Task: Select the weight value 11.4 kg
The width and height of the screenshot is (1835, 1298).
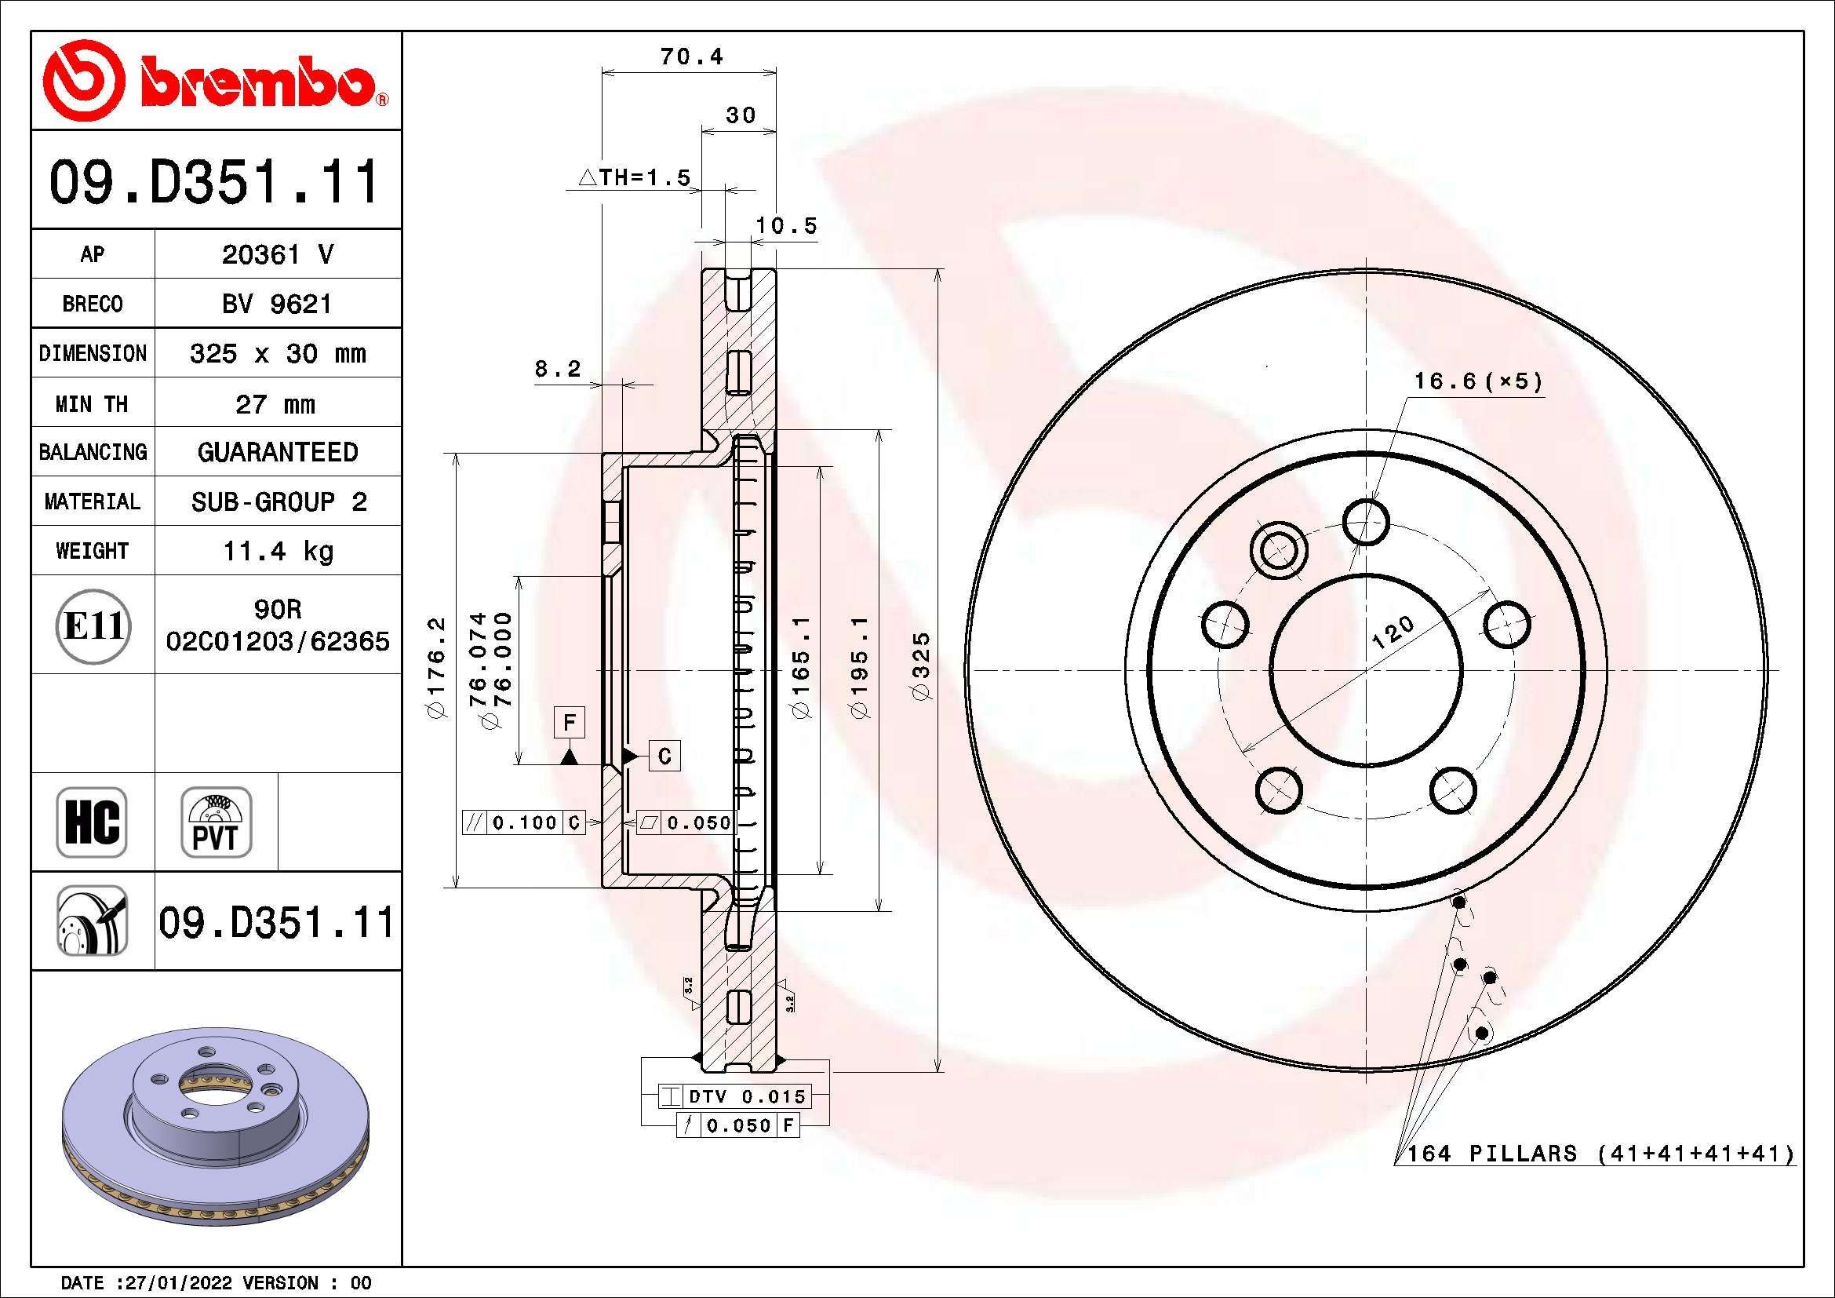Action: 277,552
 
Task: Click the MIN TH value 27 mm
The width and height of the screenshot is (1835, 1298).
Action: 275,404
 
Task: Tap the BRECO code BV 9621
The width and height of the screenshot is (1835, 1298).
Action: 276,304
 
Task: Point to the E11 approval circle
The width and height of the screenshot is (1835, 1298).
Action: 93,625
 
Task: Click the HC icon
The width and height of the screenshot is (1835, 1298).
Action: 92,822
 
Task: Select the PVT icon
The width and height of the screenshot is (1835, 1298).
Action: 216,822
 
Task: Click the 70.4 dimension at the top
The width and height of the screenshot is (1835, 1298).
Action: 691,57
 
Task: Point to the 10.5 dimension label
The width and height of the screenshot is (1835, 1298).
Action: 786,226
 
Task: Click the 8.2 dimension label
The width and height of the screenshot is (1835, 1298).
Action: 557,370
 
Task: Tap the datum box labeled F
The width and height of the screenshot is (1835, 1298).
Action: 569,723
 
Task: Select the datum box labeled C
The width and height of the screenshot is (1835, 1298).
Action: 665,755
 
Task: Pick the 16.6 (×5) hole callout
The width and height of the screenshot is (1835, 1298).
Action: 1478,381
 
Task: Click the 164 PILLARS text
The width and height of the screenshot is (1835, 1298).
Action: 1491,1154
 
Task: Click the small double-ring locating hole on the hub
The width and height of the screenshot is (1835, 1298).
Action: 1278,549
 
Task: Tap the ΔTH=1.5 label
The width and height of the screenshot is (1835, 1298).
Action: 634,177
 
